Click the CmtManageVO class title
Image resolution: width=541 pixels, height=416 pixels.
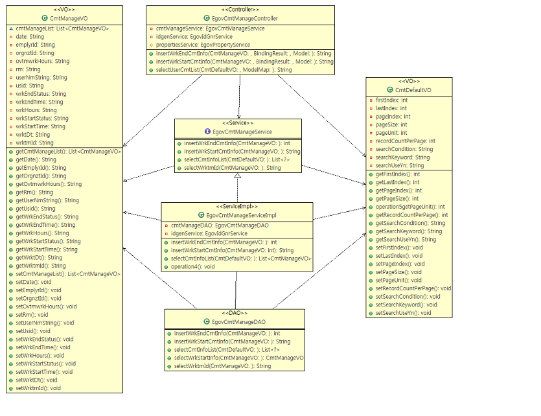click(x=69, y=19)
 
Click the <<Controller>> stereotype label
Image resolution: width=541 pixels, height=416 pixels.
click(x=240, y=10)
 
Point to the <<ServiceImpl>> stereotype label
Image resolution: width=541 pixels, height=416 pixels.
click(x=236, y=206)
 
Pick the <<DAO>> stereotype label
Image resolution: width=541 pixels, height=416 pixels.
click(x=235, y=313)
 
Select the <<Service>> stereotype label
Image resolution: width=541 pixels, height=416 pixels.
click(x=238, y=122)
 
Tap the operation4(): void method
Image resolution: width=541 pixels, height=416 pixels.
click(x=192, y=266)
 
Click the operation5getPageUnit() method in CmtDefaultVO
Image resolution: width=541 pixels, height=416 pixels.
click(x=410, y=207)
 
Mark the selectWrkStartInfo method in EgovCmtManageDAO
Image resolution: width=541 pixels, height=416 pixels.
click(x=238, y=358)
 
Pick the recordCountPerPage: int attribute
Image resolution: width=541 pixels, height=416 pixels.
click(x=406, y=141)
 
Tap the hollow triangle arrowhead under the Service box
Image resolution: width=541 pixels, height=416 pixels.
click(x=238, y=176)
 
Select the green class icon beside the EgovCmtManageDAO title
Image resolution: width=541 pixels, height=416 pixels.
click(x=206, y=321)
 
